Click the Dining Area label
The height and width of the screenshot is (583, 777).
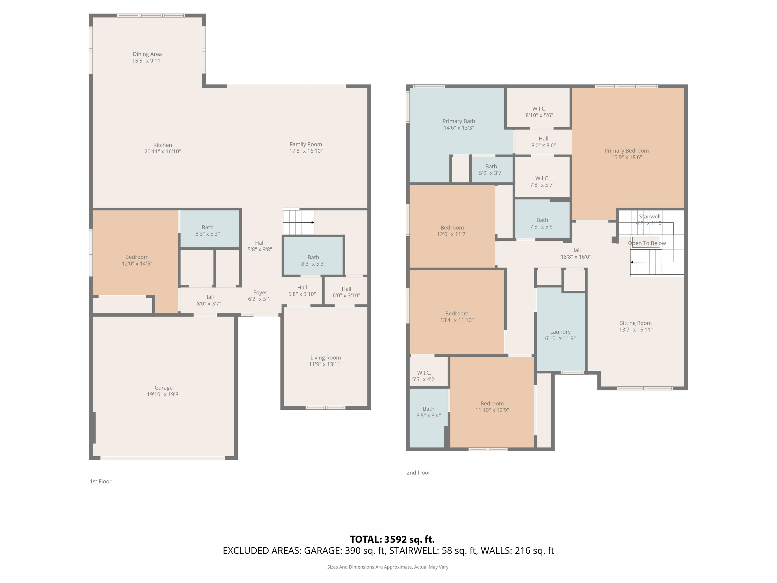point(147,54)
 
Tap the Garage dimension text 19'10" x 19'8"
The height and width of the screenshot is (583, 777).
point(164,394)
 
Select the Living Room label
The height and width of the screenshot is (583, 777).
point(326,358)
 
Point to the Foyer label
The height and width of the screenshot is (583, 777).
point(260,293)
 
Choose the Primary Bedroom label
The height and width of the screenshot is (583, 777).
point(627,151)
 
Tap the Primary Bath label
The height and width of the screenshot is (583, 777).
point(459,121)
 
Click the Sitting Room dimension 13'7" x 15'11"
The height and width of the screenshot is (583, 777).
point(636,330)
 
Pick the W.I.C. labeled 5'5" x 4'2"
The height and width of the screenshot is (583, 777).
point(429,372)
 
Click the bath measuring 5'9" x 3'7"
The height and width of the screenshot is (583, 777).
point(491,169)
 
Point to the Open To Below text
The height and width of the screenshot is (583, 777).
point(647,243)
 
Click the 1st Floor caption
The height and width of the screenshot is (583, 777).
point(100,481)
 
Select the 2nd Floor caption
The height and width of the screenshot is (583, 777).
point(418,473)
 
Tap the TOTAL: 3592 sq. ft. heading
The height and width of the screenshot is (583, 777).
point(392,539)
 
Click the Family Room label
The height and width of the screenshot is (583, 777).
point(306,144)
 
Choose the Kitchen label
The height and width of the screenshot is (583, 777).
point(163,145)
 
